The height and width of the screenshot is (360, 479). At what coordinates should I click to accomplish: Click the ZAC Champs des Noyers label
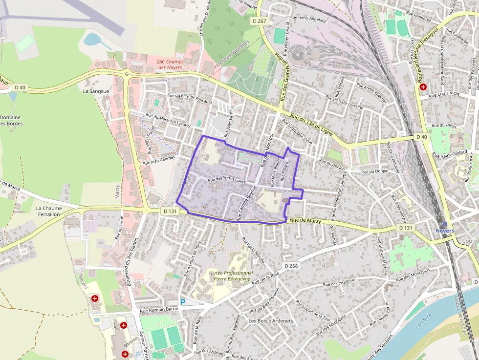click(x=169, y=64)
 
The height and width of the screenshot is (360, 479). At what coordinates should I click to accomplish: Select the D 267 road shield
click(x=261, y=21)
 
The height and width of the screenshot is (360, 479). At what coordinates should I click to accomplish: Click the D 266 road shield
click(x=290, y=266)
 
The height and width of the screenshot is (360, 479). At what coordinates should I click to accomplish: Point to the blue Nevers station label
click(x=445, y=231)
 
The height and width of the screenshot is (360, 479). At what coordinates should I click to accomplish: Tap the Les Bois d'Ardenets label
click(x=270, y=321)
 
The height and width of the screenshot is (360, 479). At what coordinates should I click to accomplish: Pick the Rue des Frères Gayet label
click(x=226, y=180)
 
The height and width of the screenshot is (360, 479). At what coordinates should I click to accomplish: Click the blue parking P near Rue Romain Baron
click(x=183, y=302)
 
